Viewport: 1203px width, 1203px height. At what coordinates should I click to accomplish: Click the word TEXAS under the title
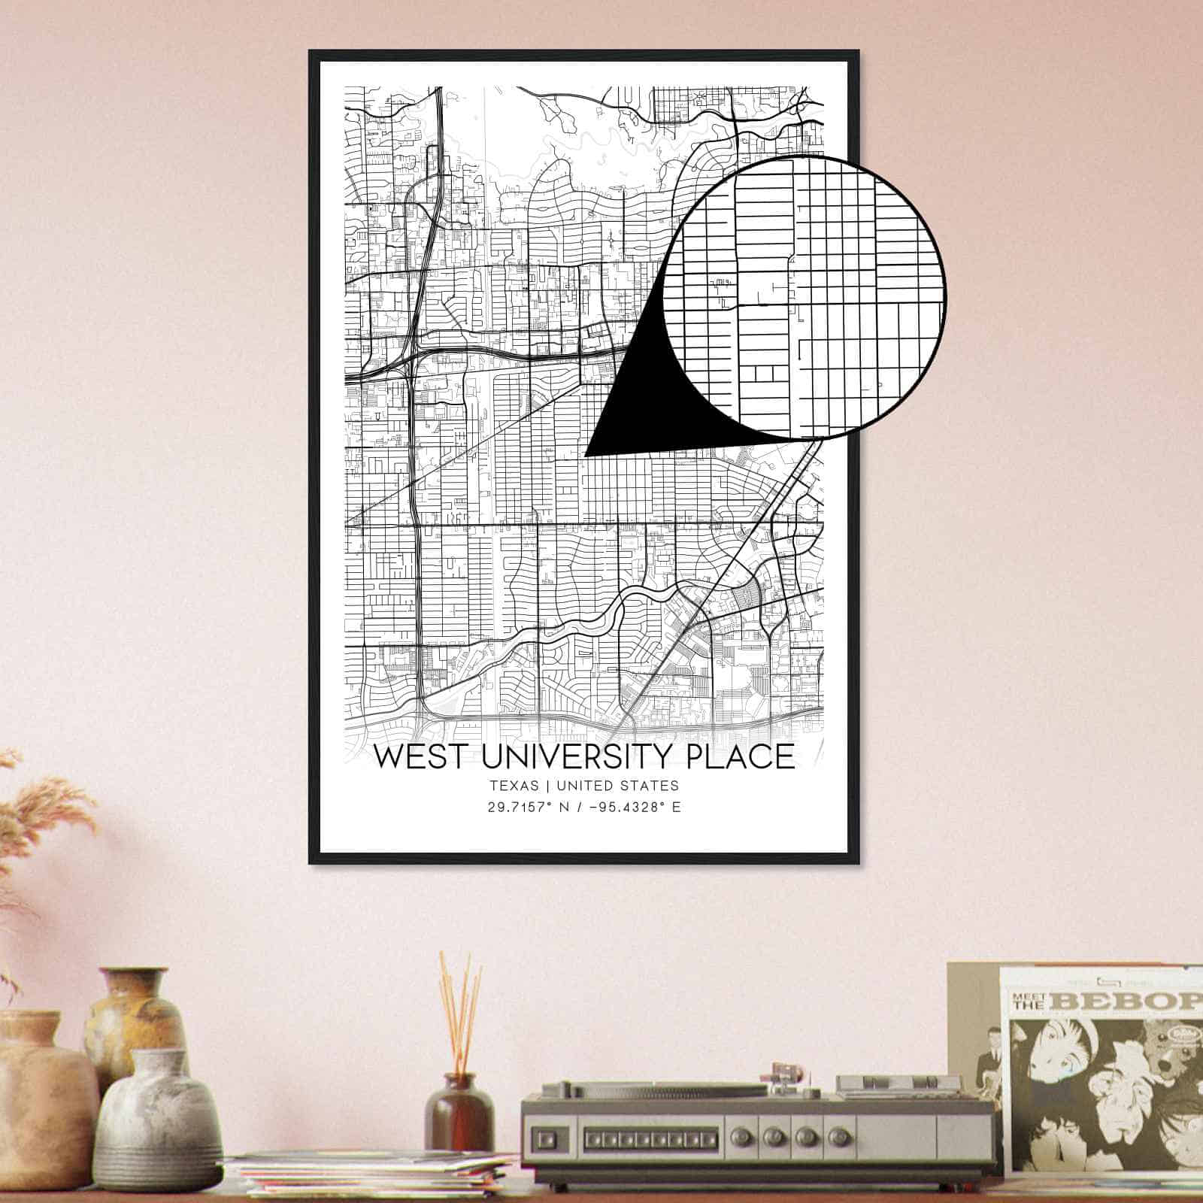point(514,786)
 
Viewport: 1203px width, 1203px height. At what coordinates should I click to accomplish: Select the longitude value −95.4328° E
point(633,808)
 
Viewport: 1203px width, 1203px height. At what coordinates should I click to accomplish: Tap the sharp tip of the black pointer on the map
point(586,455)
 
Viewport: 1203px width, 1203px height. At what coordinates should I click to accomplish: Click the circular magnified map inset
point(805,297)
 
